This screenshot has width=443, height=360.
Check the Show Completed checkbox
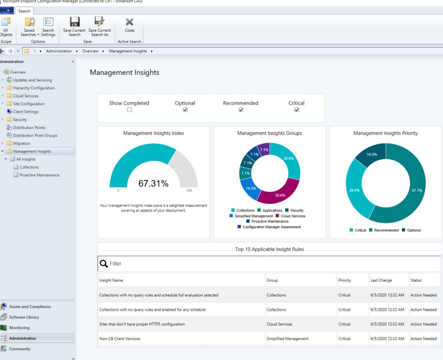tap(129, 110)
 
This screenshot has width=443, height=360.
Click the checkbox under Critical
tap(297, 110)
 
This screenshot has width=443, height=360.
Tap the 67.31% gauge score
tap(153, 183)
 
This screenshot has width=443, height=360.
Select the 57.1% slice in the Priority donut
tap(411, 190)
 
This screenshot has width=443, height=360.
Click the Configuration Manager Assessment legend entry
tap(271, 227)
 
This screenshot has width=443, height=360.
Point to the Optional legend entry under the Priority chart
tap(414, 230)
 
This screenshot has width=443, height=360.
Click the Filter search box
tap(268, 264)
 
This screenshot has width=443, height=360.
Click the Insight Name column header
tap(111, 280)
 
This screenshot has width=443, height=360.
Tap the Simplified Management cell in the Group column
tap(288, 339)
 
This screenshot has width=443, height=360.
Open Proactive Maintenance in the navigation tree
tap(39, 175)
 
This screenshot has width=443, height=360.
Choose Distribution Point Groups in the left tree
tap(35, 135)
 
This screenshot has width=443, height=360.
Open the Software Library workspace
tap(24, 317)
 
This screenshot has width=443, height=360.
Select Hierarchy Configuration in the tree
tap(34, 88)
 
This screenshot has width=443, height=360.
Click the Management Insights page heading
tap(125, 73)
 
